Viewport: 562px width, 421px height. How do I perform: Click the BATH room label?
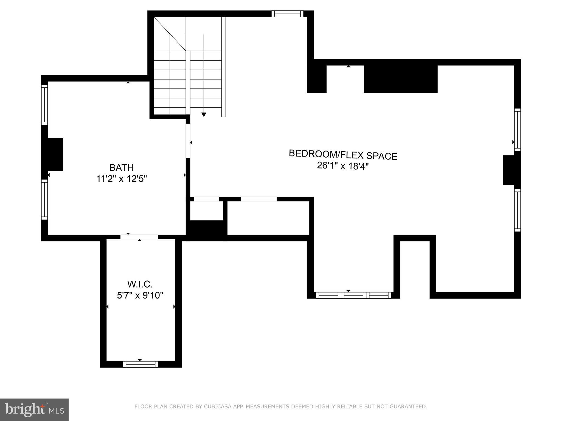coord(121,167)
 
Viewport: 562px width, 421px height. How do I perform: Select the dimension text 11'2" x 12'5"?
coord(121,179)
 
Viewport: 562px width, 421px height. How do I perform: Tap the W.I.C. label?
coord(140,284)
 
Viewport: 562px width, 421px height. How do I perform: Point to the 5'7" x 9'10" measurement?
coord(140,295)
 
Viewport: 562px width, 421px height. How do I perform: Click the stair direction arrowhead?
coord(204,115)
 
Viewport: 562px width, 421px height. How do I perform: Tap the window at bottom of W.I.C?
coord(140,364)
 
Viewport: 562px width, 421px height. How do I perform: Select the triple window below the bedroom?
coord(353,295)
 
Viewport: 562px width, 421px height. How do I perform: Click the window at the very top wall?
coord(287,14)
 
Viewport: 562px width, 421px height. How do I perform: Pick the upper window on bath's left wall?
coord(44,104)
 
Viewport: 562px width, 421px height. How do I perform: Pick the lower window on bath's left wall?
coord(44,199)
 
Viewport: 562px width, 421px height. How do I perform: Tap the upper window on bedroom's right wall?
coord(517,130)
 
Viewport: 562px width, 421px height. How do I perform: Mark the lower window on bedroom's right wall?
coord(517,210)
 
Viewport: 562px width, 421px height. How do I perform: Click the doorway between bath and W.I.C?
coord(139,237)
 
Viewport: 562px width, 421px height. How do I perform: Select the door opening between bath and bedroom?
coord(188,141)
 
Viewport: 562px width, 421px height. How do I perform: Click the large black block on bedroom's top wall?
coord(400,79)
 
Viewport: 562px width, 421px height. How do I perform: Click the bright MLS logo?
coord(34,409)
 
